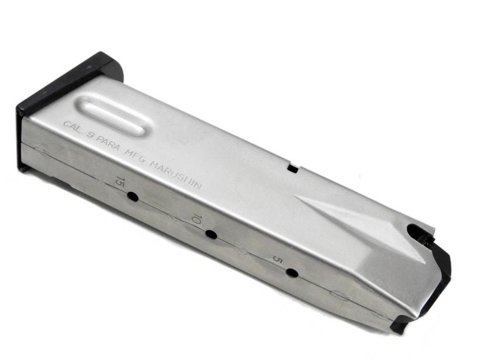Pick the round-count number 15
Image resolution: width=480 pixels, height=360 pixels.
[119, 183]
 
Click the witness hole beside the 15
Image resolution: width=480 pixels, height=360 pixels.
[132, 196]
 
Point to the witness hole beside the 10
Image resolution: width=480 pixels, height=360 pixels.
[211, 235]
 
